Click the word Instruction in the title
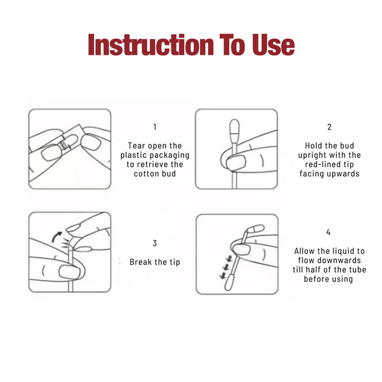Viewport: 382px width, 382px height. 151,45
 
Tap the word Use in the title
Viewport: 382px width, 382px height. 273,45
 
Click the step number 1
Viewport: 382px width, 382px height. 155,127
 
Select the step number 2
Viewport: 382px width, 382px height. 329,127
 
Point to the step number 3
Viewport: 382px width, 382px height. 155,243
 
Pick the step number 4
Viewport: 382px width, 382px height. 329,232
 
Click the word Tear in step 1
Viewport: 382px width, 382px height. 137,146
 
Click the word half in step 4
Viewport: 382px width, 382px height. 314,270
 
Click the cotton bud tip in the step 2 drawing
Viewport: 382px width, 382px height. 234,131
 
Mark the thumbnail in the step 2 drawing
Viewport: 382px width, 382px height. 236,162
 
